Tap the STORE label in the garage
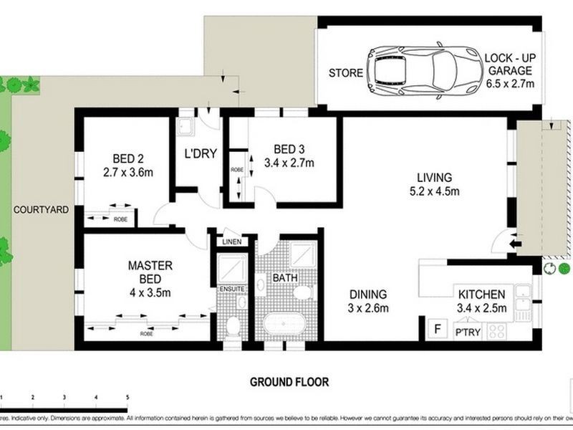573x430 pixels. pyautogui.click(x=345, y=73)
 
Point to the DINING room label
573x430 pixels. pyautogui.click(x=368, y=294)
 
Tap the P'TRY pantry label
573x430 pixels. pyautogui.click(x=467, y=332)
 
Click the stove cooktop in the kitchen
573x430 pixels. pyautogui.click(x=496, y=330)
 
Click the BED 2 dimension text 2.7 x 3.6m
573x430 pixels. pyautogui.click(x=129, y=172)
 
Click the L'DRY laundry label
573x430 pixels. pyautogui.click(x=200, y=153)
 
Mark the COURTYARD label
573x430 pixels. pyautogui.click(x=40, y=209)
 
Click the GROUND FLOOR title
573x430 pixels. pyautogui.click(x=289, y=383)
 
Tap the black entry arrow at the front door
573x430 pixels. pyautogui.click(x=514, y=244)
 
